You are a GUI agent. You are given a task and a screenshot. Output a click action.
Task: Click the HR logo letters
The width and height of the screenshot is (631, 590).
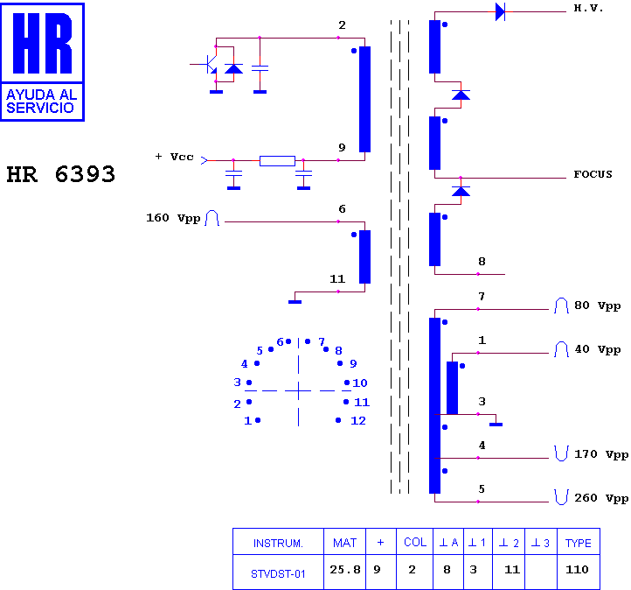(42, 43)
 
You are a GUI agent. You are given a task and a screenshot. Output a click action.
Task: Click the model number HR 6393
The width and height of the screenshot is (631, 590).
(61, 174)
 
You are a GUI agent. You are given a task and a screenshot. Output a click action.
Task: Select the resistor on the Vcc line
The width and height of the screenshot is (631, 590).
(277, 161)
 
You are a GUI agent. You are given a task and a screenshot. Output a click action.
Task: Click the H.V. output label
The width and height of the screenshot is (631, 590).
(588, 8)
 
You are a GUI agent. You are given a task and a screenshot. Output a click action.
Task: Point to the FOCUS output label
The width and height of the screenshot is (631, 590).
(593, 174)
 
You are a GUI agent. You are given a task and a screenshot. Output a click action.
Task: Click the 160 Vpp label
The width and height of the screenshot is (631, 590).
(173, 218)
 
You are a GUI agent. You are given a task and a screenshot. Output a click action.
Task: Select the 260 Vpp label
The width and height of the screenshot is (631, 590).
(601, 498)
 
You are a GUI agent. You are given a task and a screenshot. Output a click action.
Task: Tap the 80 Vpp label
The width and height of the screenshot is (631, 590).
(597, 306)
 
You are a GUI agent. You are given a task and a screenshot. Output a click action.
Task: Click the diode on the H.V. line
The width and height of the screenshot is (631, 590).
(500, 11)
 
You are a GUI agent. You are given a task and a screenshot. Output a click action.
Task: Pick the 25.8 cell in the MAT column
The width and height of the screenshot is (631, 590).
(345, 570)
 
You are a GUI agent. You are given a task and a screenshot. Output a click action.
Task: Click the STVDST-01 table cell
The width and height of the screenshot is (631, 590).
(278, 573)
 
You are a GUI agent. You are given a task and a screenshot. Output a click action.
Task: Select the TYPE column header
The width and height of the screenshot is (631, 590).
(579, 543)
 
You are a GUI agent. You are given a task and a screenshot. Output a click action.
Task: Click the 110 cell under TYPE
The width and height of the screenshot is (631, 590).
(577, 570)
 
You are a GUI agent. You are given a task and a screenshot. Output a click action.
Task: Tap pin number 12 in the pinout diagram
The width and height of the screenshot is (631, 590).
(358, 421)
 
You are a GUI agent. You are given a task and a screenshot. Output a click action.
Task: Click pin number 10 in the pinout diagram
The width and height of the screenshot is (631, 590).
(360, 383)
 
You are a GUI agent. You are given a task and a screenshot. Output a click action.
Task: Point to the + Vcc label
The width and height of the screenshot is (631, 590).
(175, 157)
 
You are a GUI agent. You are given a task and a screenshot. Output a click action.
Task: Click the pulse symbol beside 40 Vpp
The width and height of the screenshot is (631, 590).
(561, 349)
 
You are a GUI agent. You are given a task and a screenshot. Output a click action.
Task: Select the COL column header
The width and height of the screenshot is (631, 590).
(415, 542)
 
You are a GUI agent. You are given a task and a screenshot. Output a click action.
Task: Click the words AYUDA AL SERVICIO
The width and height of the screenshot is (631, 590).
(41, 102)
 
